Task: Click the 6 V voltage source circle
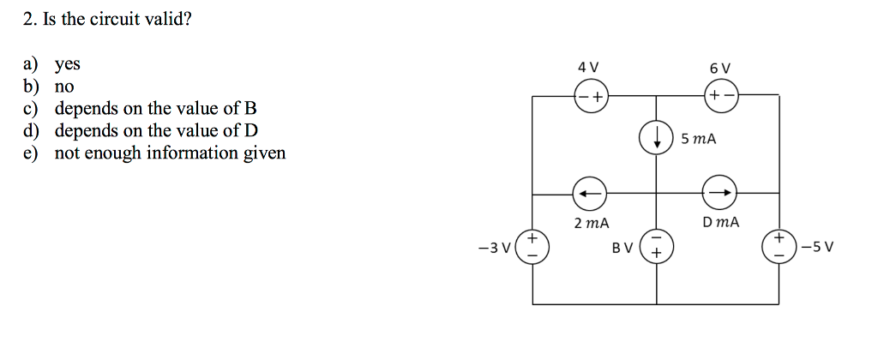pyautogui.click(x=719, y=95)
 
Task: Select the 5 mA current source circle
pyautogui.click(x=657, y=139)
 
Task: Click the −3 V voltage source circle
pyautogui.click(x=532, y=247)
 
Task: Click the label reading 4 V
pyautogui.click(x=588, y=67)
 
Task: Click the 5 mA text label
pyautogui.click(x=699, y=139)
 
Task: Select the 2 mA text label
pyautogui.click(x=591, y=224)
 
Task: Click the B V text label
pyautogui.click(x=622, y=249)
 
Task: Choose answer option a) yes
pyautogui.click(x=67, y=64)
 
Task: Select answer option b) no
pyautogui.click(x=64, y=87)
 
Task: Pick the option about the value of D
pyautogui.click(x=155, y=131)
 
